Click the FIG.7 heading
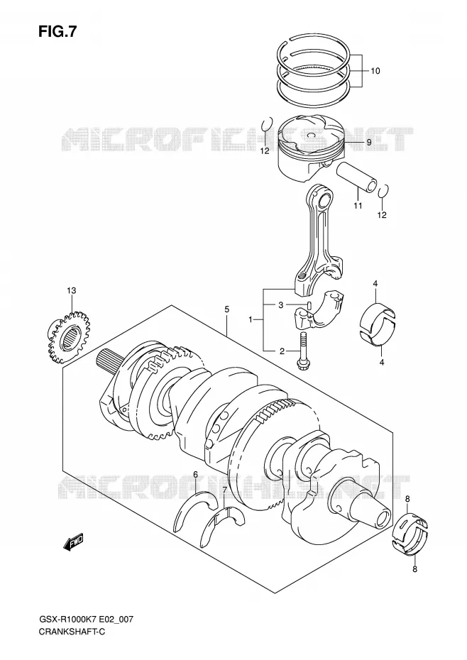[57, 31]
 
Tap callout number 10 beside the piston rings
[375, 71]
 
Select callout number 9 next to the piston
[369, 142]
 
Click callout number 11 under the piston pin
[358, 206]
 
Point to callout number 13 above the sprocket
[71, 290]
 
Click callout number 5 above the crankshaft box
[226, 309]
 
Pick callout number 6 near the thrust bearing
[195, 474]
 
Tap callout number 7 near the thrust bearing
[225, 490]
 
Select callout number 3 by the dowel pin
[281, 304]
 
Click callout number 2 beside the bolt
[282, 351]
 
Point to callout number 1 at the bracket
[251, 320]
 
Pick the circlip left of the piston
[265, 125]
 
